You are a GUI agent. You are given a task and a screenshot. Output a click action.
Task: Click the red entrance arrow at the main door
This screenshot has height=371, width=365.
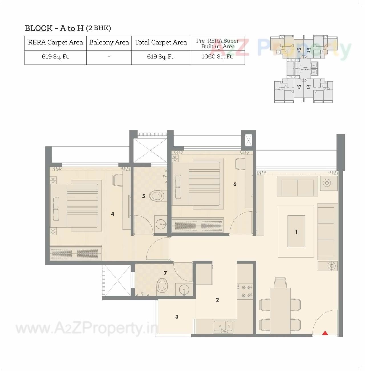point(325,333)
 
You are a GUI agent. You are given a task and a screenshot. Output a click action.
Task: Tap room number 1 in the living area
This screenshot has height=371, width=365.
point(296,232)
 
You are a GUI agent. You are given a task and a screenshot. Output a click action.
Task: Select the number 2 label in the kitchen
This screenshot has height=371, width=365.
point(217,300)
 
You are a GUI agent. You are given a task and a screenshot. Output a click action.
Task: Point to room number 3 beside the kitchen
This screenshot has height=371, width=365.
point(177,317)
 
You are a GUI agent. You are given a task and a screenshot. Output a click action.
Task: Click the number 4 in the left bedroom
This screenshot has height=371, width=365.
point(113,214)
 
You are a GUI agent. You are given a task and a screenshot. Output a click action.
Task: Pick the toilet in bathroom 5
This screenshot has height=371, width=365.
point(157,196)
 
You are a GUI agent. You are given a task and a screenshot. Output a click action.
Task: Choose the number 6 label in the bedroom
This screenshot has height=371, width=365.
point(235,184)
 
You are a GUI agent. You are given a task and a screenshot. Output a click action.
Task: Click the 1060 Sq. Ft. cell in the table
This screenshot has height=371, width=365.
point(217,57)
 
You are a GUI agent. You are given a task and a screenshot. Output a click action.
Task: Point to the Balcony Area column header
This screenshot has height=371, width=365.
point(109,42)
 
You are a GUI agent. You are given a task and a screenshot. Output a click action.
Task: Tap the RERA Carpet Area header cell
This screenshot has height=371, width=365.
point(55,42)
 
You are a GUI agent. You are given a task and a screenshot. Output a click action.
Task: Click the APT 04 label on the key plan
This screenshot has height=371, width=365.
point(299,87)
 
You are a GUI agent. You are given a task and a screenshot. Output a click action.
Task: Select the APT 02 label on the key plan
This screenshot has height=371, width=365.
point(309,50)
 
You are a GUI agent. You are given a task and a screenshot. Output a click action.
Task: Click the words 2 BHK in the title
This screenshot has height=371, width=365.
point(98,28)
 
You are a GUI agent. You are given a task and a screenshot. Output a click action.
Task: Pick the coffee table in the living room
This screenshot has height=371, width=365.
point(296,231)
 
